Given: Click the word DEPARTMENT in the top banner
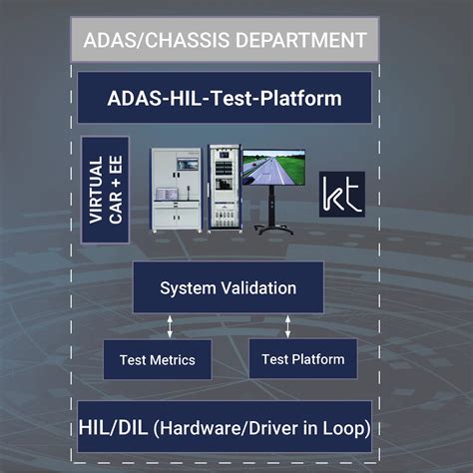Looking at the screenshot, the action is click(301, 40).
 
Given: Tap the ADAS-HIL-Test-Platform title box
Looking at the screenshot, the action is click(225, 98).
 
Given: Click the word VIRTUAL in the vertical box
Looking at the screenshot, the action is click(96, 190).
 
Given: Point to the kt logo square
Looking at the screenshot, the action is click(342, 195).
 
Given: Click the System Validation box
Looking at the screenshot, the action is click(229, 287).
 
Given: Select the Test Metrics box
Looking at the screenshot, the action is click(158, 359).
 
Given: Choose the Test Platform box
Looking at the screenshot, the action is click(303, 359).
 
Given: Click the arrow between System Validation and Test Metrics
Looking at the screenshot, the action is click(170, 326).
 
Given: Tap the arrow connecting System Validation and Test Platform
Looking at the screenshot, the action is click(288, 326).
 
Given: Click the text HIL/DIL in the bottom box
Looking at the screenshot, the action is click(113, 427).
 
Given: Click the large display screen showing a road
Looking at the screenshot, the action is click(274, 168).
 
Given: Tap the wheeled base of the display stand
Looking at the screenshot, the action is click(273, 230).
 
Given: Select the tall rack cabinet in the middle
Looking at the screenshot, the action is click(225, 188).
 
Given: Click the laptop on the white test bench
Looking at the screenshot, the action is click(167, 195).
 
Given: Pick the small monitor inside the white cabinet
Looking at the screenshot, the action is click(188, 164).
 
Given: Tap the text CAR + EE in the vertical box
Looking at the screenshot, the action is click(116, 190).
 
